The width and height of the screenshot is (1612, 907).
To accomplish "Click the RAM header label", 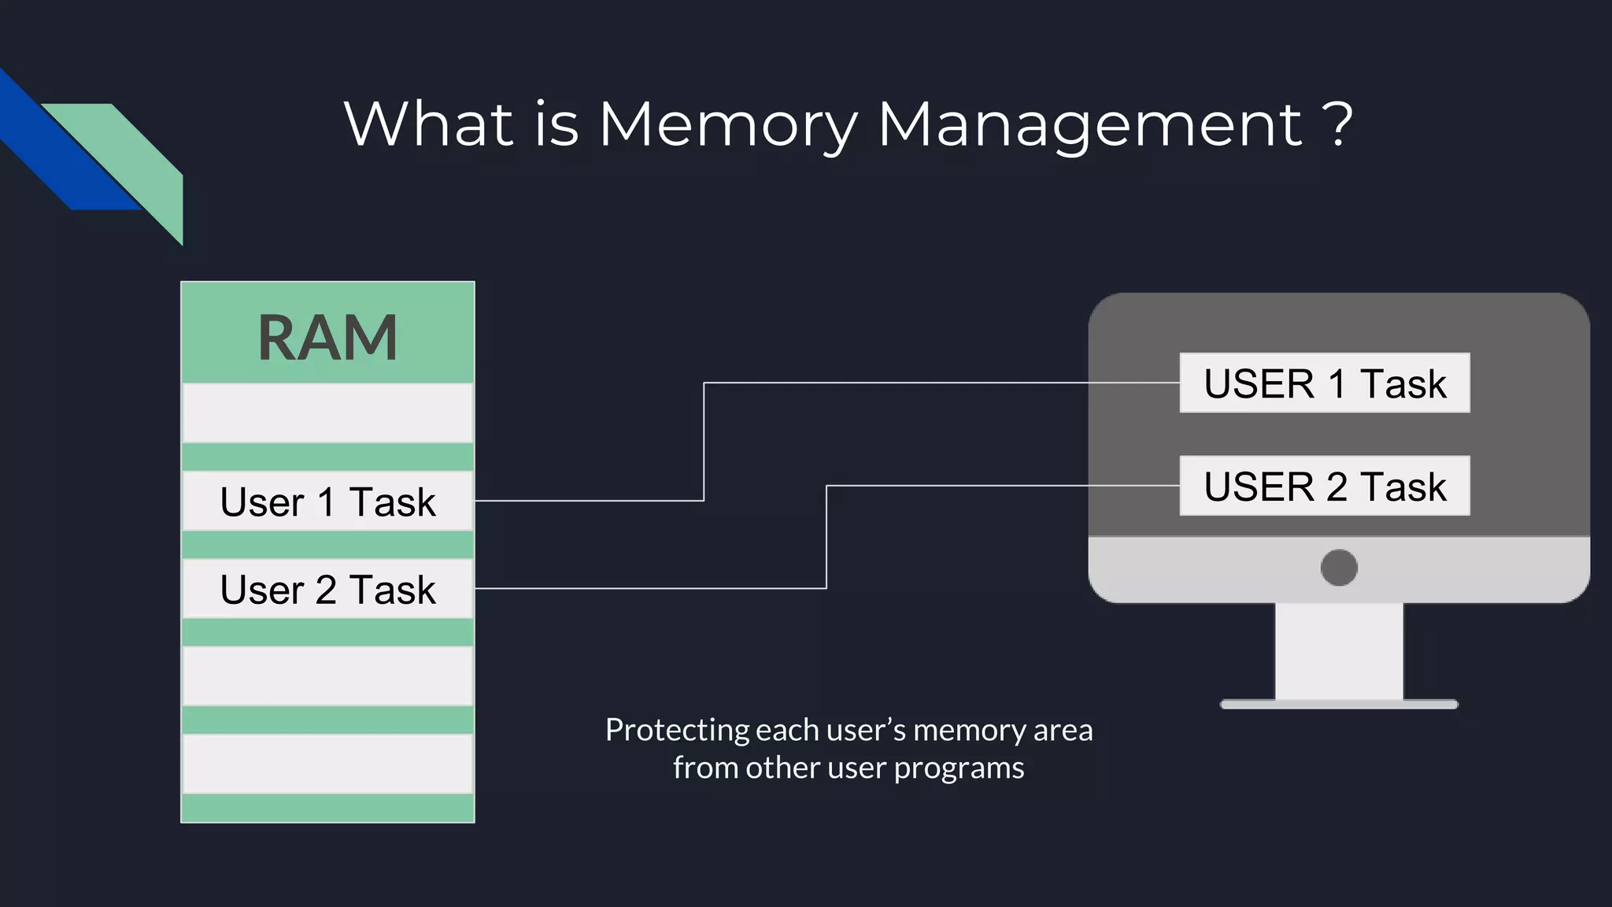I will [x=327, y=337].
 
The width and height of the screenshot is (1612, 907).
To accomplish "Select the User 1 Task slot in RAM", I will [x=327, y=502].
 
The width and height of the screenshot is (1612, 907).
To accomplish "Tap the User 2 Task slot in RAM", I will [x=327, y=589].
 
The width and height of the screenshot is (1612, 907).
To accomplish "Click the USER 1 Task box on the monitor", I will [x=1324, y=383].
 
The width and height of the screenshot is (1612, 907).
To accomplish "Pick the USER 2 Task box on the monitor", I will [x=1324, y=486].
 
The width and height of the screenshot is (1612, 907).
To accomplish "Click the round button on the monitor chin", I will [x=1339, y=568].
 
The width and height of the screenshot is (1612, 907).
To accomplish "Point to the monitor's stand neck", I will [x=1339, y=650].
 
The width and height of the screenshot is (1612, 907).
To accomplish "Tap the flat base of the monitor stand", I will [x=1339, y=705].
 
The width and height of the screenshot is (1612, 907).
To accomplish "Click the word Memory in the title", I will [x=727, y=124].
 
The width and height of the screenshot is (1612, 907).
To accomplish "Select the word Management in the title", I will [x=1089, y=124].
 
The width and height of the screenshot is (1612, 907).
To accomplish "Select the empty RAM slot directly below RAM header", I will [x=327, y=413].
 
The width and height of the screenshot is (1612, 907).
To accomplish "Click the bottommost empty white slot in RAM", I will [x=327, y=764].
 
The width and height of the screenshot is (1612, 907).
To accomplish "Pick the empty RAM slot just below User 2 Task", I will [x=327, y=676].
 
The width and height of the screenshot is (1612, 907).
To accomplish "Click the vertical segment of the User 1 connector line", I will [x=704, y=441].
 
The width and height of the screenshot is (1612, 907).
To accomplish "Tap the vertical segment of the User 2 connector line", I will [x=826, y=537].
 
